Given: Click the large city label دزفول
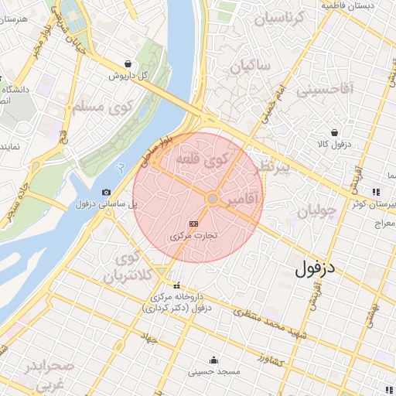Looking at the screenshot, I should click(x=318, y=268).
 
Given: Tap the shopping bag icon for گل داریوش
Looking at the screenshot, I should click(x=128, y=64).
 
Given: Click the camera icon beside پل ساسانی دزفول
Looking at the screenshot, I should click(x=106, y=192).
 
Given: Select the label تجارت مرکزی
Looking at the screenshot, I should click(x=193, y=234).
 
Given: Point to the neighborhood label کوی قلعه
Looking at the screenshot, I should click(x=203, y=159).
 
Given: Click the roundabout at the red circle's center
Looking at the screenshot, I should click(x=212, y=200).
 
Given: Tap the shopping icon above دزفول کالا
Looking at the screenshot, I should click(x=334, y=132).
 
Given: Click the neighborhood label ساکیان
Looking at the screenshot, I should click(x=250, y=67).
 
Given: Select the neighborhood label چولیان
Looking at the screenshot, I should click(x=318, y=210).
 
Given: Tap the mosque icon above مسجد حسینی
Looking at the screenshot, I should click(x=214, y=360).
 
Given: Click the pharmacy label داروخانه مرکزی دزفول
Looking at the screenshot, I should click(x=178, y=302).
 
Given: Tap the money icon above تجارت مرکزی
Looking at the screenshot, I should click(x=193, y=222).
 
